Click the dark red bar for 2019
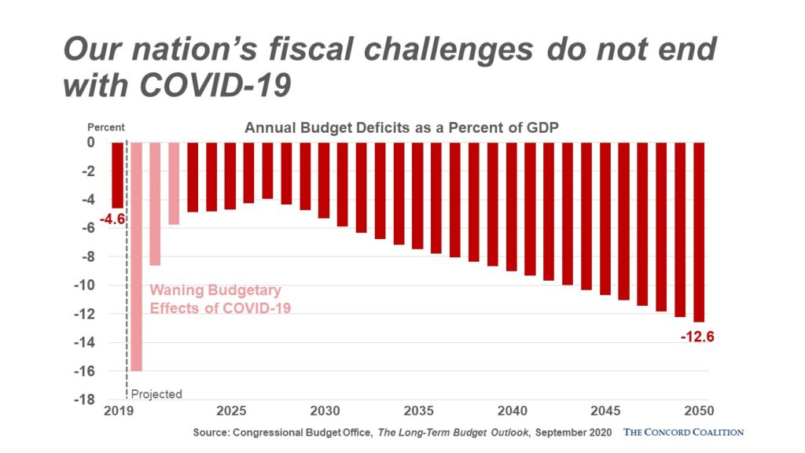[x=117, y=175]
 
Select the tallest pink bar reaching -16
[x=136, y=256]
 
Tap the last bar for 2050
[x=699, y=231]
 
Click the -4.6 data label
[x=112, y=219]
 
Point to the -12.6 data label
[x=697, y=337]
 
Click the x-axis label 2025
[x=230, y=411]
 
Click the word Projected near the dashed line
[x=156, y=394]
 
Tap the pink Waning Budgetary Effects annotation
[x=220, y=300]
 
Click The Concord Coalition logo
[x=683, y=432]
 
